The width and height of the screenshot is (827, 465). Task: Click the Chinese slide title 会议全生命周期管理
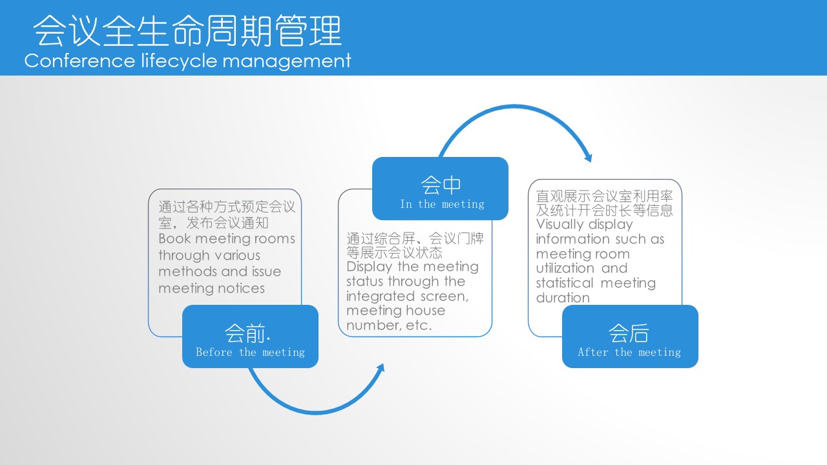(x=187, y=30)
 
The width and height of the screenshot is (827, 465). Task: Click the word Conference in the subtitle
(x=79, y=61)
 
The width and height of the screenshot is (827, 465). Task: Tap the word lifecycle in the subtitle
(x=179, y=61)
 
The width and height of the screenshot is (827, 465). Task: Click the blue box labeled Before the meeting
(x=250, y=336)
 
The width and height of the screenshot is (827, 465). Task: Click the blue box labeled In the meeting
(x=440, y=189)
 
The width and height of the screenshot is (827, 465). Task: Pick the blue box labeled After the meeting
(x=630, y=336)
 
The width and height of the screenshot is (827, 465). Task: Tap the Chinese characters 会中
(x=441, y=185)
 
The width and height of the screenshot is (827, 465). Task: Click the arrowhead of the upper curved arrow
(x=588, y=158)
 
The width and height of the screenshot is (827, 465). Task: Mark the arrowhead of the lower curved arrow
(x=381, y=368)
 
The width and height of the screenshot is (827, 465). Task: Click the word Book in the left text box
(x=174, y=238)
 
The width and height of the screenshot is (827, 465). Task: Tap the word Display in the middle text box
(x=369, y=267)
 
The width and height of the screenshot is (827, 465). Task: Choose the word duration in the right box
(x=563, y=298)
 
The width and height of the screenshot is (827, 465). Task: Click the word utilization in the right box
(x=565, y=268)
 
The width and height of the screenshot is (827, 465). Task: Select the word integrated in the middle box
(x=381, y=296)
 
